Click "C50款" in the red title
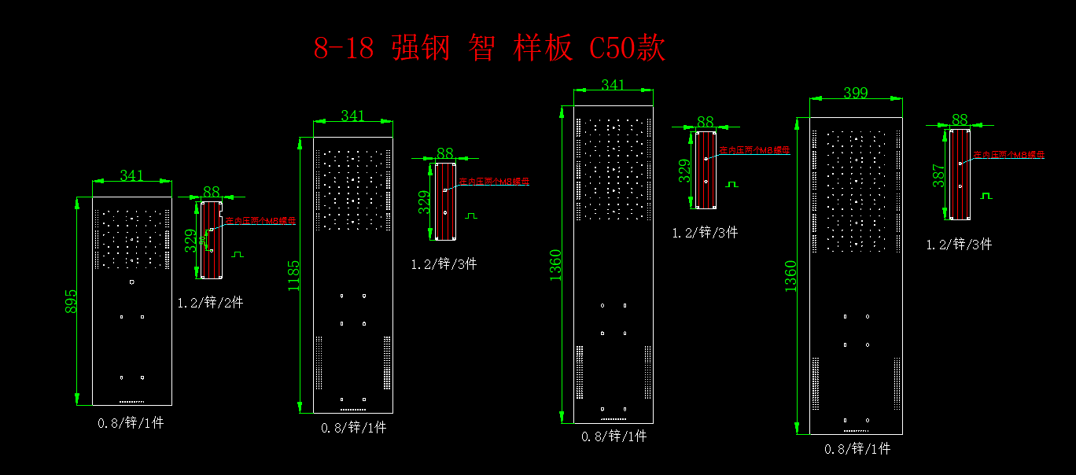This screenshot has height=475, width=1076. click(627, 49)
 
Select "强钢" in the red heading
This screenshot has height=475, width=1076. click(420, 49)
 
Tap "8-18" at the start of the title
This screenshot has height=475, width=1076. click(344, 49)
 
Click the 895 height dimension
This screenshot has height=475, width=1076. click(71, 302)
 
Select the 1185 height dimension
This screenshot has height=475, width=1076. click(293, 276)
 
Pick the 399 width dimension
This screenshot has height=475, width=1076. click(856, 94)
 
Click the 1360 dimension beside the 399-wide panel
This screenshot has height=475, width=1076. click(790, 276)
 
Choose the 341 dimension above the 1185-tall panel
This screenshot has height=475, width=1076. click(352, 116)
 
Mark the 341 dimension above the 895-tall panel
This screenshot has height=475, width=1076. click(131, 176)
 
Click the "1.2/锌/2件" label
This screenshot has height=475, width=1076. click(211, 302)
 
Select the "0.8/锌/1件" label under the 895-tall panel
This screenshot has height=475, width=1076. click(131, 423)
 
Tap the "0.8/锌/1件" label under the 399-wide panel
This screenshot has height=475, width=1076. click(857, 449)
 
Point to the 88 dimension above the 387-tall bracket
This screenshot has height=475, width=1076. click(960, 120)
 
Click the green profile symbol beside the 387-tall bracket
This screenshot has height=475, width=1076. click(986, 195)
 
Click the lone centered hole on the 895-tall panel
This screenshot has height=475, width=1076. click(132, 282)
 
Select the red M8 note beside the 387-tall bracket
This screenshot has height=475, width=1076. click(1009, 155)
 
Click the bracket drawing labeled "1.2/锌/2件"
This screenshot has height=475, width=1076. click(212, 240)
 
